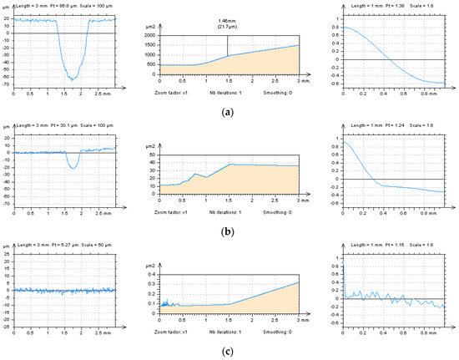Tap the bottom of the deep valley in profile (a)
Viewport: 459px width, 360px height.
coord(72,79)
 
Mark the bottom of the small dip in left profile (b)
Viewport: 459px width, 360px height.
coord(73,168)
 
